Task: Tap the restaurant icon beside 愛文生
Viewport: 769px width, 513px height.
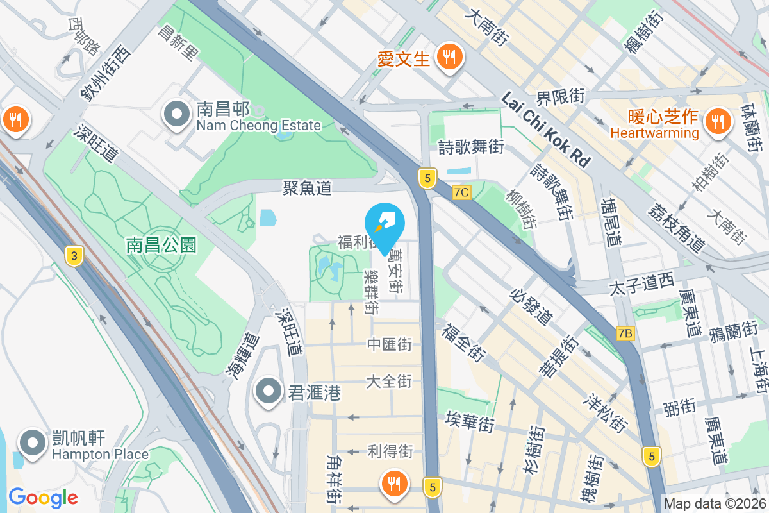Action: (x=446, y=57)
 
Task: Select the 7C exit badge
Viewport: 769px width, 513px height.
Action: (x=461, y=192)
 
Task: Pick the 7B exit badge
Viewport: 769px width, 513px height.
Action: (x=625, y=333)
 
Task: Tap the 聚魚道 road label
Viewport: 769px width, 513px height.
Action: (x=308, y=188)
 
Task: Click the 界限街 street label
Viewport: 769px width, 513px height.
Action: (x=561, y=97)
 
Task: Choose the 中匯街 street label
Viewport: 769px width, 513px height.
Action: (x=389, y=344)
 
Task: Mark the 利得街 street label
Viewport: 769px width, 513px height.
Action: (x=390, y=451)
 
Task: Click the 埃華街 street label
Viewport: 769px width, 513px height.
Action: (x=470, y=423)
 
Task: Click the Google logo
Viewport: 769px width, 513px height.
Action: (x=43, y=498)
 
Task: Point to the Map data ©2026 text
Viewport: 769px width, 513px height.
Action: (x=715, y=503)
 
